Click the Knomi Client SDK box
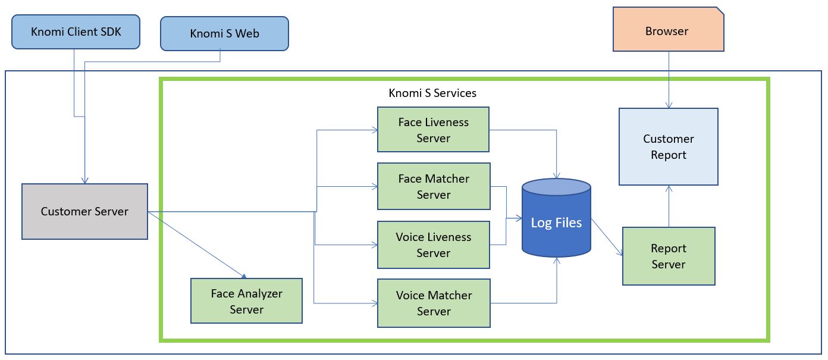click(76, 32)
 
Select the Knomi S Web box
click(224, 33)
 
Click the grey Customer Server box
click(84, 211)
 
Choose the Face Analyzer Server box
click(246, 301)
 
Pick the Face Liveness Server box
click(433, 130)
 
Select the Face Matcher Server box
click(434, 186)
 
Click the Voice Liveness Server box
click(434, 245)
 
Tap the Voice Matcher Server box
click(434, 303)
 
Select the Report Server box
click(669, 256)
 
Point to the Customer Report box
click(669, 146)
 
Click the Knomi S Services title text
click(432, 93)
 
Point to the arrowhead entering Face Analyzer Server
click(243, 275)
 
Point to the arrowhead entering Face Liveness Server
click(374, 130)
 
